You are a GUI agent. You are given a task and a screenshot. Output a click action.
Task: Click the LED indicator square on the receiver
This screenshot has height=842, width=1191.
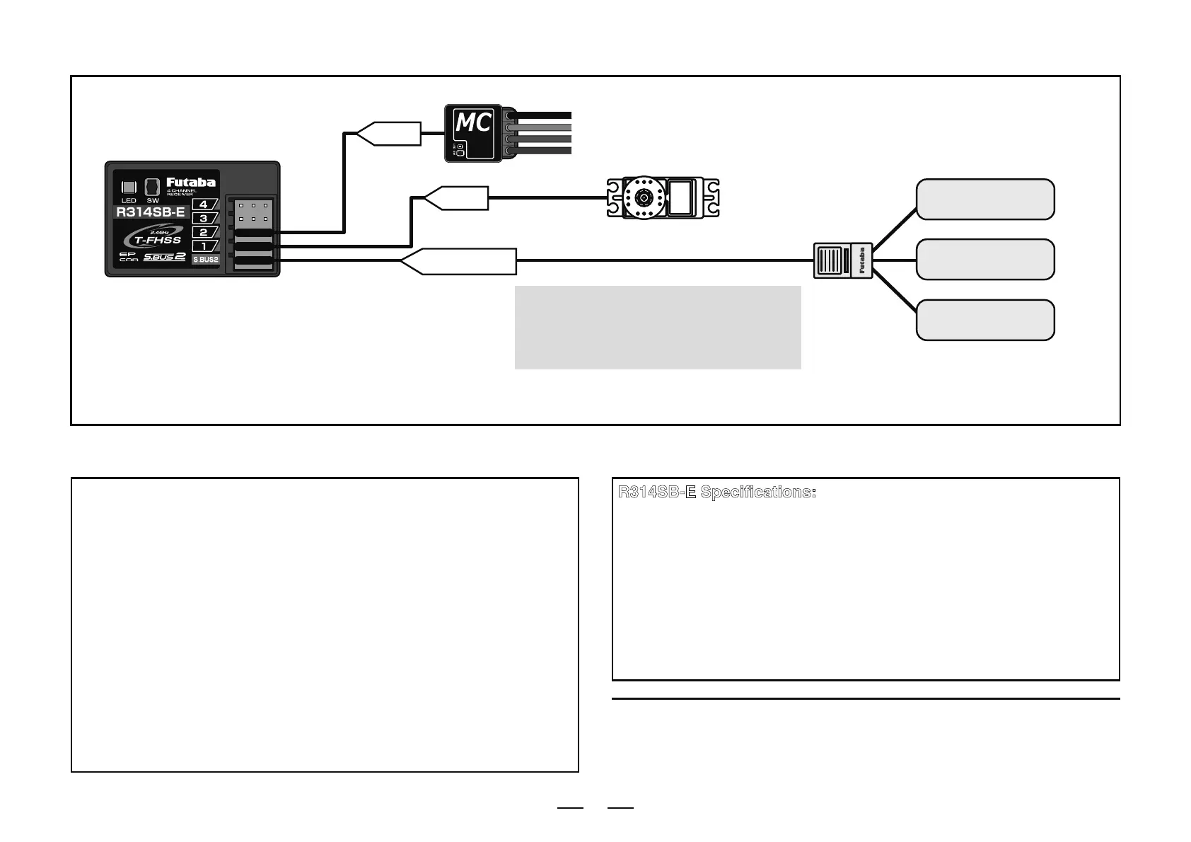129,188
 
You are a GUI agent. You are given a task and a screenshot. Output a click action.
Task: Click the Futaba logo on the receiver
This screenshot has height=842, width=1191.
191,183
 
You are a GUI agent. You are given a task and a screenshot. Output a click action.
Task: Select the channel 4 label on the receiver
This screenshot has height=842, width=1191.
204,204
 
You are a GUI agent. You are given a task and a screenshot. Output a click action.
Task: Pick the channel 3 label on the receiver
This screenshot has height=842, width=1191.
204,219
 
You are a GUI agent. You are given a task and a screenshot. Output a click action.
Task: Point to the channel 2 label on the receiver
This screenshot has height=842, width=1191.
204,232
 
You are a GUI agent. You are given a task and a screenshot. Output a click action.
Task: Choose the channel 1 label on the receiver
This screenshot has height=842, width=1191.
204,246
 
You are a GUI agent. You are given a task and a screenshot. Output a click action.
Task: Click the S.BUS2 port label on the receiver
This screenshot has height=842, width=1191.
206,260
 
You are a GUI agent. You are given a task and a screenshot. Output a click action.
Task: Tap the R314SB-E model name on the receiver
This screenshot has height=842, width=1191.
151,212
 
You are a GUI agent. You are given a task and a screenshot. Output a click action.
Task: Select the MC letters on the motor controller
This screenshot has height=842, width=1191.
472,124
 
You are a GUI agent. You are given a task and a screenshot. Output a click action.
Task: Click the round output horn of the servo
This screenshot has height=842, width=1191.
644,199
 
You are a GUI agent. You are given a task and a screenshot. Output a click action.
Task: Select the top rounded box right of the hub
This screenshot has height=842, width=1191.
985,200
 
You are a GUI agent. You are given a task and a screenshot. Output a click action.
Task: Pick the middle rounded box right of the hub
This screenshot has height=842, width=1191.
985,260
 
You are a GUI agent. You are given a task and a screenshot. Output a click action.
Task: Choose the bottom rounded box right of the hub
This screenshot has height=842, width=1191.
985,320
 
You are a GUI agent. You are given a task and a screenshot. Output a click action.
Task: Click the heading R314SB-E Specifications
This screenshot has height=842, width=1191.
717,492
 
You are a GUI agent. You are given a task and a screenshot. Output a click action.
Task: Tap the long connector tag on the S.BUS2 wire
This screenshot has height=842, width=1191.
460,261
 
